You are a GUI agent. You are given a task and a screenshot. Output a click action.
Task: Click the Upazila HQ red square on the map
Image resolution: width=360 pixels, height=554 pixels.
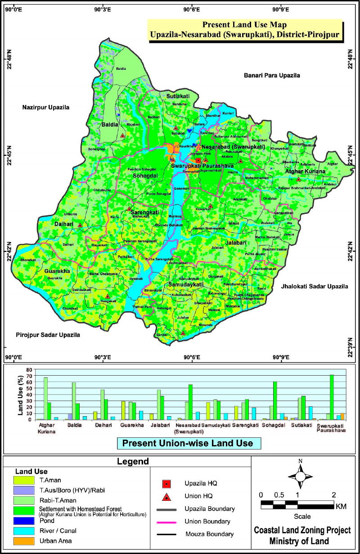coord(198,160)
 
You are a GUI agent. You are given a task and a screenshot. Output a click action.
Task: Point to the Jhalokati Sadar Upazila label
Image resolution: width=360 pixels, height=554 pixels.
coord(314,286)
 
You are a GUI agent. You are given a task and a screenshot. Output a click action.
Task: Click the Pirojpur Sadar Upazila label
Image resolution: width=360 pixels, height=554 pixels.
coord(48,335)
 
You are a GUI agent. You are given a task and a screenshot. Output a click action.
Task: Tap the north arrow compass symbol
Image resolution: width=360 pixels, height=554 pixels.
coord(300,475)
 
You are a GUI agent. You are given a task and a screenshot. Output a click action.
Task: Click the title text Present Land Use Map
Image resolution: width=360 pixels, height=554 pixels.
coord(244,25)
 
